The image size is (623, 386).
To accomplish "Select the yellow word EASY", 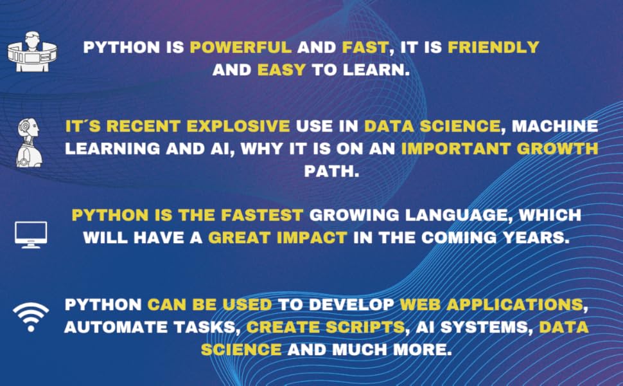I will (281, 69).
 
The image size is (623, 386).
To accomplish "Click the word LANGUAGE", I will (453, 214).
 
